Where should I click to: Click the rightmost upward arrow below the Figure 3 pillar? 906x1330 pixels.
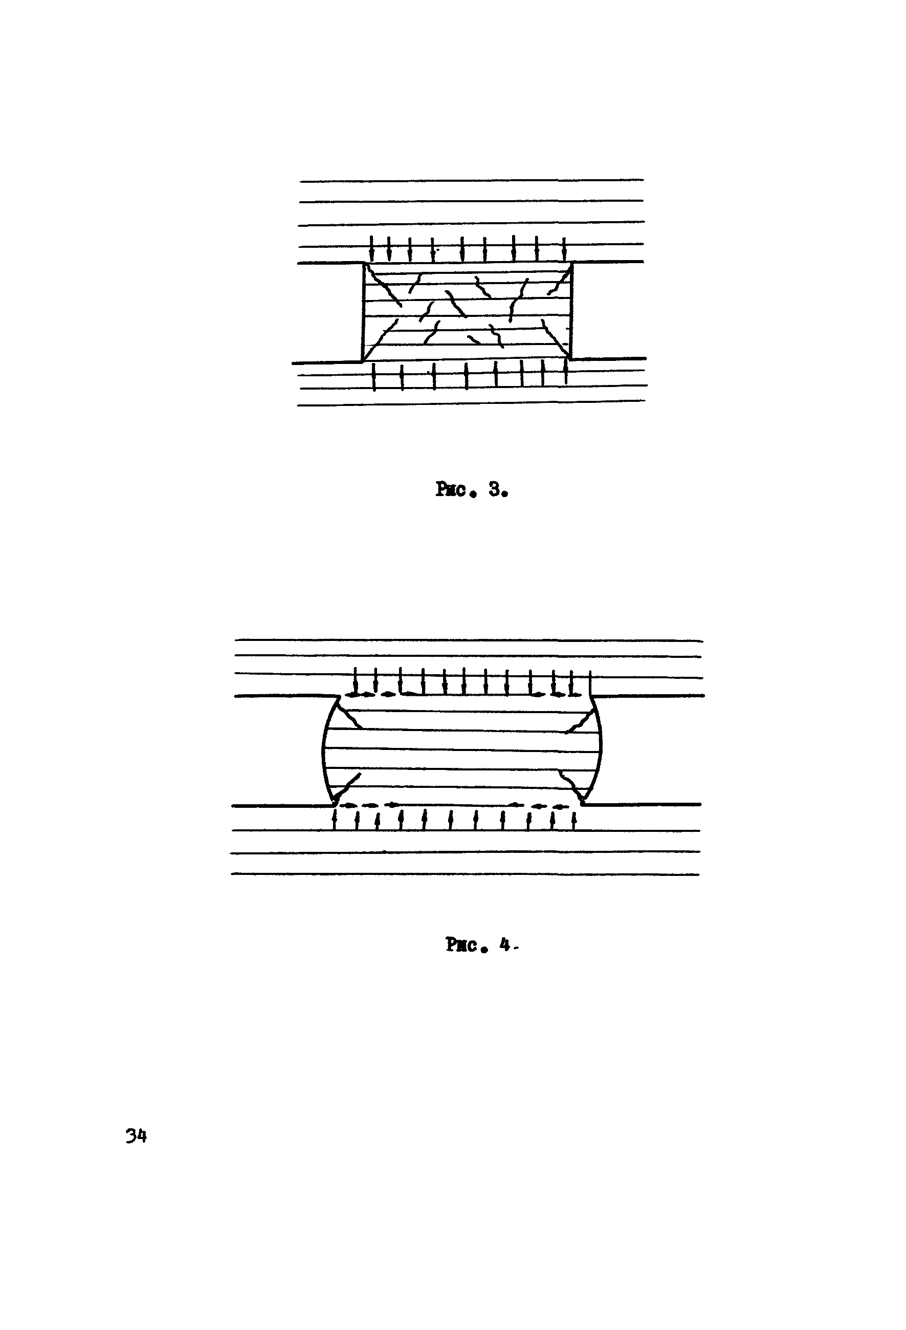point(566,372)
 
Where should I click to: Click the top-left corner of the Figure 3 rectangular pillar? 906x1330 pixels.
point(364,263)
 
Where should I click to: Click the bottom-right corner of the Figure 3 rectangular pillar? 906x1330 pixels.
point(571,359)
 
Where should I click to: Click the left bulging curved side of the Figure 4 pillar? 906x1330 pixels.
point(324,749)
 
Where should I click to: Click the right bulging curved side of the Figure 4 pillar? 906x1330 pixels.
point(600,749)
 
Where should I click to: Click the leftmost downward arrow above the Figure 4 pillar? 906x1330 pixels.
point(356,681)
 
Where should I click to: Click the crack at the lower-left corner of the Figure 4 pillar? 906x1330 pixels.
point(347,788)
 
